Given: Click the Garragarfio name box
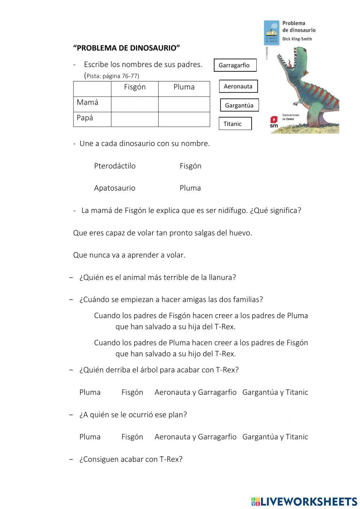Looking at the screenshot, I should point(235,65).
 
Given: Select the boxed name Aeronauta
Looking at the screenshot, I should point(238,86).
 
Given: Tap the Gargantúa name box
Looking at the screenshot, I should point(239,105).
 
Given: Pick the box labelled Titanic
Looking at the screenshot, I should point(235,124).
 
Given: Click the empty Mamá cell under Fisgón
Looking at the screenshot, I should point(135,104).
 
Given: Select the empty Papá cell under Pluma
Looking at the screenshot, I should point(184,119).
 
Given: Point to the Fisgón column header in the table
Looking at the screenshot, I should point(135,87).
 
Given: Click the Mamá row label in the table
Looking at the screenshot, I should point(87,102).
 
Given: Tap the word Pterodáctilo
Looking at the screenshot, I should point(115,166).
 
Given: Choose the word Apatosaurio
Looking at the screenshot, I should point(114,188).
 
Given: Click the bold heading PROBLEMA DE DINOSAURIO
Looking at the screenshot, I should point(126,48).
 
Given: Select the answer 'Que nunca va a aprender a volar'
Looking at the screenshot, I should point(129,255).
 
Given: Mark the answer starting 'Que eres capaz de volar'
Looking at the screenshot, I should point(162,233).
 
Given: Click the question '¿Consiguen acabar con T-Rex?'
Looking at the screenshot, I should point(131,459).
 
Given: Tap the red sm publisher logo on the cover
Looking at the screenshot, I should point(274,122).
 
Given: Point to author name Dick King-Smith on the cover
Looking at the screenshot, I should point(297,39).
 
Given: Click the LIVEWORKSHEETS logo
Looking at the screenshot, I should point(304,501).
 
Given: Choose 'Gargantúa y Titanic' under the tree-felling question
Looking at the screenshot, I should point(275,392).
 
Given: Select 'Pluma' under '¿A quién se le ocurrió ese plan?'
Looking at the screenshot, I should point(90,437).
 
